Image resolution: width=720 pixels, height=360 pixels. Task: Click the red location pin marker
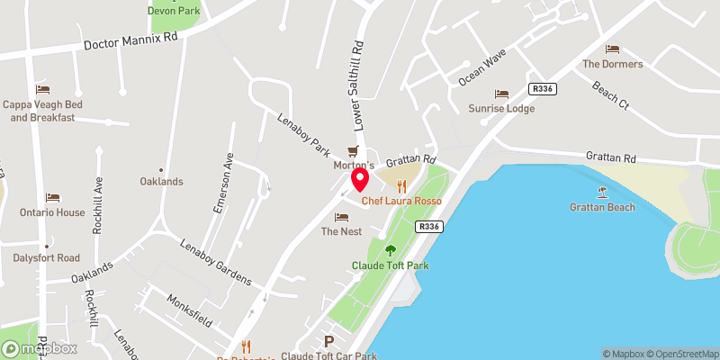click(x=359, y=180)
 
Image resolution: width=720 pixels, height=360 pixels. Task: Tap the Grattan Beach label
click(x=602, y=207)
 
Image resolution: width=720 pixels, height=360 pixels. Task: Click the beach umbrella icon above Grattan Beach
click(x=602, y=192)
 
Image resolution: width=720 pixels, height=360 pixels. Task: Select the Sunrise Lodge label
click(x=501, y=108)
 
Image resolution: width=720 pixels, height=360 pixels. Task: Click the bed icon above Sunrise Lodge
click(x=501, y=94)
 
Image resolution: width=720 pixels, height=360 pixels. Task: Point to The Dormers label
click(x=613, y=64)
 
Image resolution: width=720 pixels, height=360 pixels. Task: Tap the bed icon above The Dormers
click(x=613, y=49)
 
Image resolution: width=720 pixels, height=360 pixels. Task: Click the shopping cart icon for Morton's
click(x=354, y=151)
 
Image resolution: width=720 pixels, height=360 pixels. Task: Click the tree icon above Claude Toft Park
click(x=390, y=250)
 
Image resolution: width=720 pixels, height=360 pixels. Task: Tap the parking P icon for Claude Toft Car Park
click(x=328, y=342)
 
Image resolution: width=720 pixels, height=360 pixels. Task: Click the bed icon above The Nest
click(x=341, y=217)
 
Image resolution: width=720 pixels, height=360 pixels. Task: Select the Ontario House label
click(x=52, y=212)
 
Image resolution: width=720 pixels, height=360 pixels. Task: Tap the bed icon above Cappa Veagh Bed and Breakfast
click(x=42, y=89)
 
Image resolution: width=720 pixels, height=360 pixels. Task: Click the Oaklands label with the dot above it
click(x=161, y=181)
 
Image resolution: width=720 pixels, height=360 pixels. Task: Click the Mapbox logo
click(x=40, y=348)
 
